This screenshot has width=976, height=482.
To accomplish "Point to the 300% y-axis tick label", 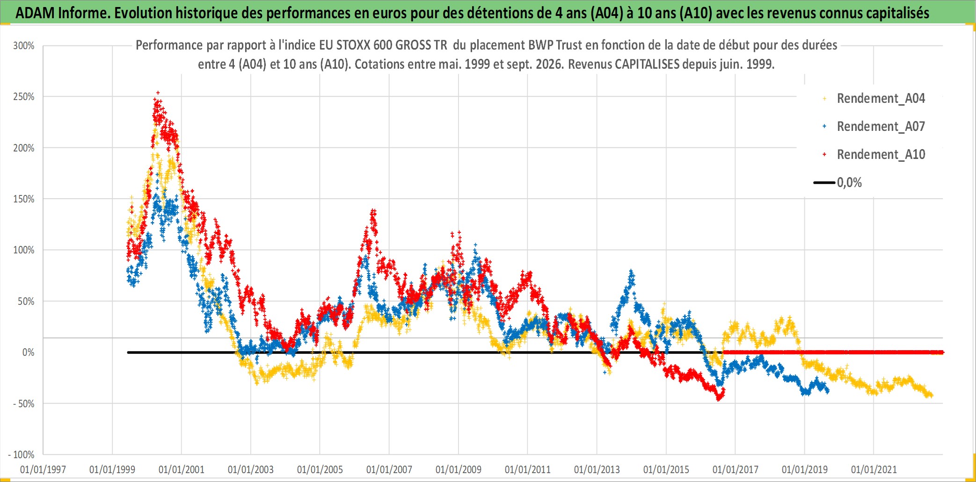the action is pos(24,46).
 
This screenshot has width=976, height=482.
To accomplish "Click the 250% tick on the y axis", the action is pos(24,97).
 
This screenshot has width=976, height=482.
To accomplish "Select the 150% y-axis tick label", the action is pos(24,199).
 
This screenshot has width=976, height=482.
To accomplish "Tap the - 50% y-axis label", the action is pos(24,403).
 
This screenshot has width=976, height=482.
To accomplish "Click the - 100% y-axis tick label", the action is pos(22,454).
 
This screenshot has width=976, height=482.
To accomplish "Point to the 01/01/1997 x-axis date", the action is pos(43,469).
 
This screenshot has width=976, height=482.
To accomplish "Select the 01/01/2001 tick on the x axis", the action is pos(182,469).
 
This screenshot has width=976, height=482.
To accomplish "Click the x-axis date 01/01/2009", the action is pos(459,469).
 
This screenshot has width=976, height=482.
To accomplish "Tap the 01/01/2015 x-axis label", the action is pos(666,469).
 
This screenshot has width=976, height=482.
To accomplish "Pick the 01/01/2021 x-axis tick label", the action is pos(874,469).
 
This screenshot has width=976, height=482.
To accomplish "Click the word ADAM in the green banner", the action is pos(36,13).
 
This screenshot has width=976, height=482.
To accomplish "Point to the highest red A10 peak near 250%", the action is pos(158,93).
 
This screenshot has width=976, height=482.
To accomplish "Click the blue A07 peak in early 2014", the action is pos(631,271).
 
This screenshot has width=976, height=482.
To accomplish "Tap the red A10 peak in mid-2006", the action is pos(373,212).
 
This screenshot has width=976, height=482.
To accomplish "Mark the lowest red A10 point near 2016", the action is pos(719,399).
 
